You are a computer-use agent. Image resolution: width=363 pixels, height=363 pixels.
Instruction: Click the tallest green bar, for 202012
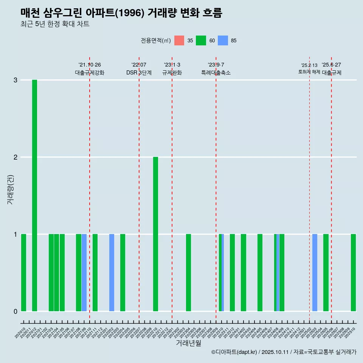[x=34, y=195]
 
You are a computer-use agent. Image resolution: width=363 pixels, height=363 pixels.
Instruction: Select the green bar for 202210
[x=155, y=234]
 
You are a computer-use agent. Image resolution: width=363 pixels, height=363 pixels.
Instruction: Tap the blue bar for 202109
[x=84, y=273]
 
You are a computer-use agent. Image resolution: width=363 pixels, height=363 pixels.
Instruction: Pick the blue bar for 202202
[x=112, y=273]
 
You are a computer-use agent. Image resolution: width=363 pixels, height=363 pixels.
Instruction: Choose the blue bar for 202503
[x=315, y=273]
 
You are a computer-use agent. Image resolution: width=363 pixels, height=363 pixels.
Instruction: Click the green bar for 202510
[x=353, y=273]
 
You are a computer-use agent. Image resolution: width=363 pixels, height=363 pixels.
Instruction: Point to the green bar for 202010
[x=23, y=273]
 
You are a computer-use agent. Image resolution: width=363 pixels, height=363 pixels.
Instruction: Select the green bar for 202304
[x=188, y=273]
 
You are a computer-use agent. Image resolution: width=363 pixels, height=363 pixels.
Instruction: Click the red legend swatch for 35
[x=179, y=40]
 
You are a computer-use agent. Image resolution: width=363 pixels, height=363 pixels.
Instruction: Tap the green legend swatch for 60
[x=201, y=40]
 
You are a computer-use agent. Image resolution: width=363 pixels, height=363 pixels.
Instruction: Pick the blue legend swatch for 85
[x=223, y=40]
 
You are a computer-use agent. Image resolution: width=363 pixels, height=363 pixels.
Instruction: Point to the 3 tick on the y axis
[x=16, y=80]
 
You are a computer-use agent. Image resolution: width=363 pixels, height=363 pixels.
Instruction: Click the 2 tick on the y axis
[x=16, y=157]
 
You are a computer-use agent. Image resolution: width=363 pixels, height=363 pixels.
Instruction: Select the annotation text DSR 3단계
[x=139, y=73]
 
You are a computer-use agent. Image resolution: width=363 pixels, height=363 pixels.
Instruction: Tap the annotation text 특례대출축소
[x=216, y=73]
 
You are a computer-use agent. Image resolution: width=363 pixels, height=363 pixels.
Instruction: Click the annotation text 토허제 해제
[x=309, y=72]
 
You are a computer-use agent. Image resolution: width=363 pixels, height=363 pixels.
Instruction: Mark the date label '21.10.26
[x=90, y=65]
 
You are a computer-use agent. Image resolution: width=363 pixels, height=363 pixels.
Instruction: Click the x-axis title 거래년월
[x=188, y=343]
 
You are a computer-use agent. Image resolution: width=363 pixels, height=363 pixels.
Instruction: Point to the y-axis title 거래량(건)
[x=11, y=189]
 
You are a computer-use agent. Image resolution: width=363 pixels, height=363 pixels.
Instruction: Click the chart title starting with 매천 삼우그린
[x=121, y=13]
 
